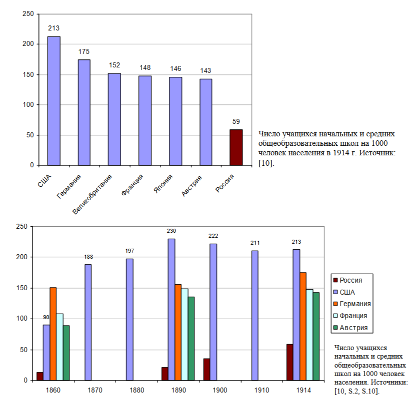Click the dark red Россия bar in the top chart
pos(236,147)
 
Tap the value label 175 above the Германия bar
pos(84,51)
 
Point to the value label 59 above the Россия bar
pos(236,121)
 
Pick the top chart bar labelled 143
pos(205,122)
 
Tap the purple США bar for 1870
pos(88,322)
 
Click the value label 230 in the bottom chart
pos(171,231)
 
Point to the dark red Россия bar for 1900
pos(206,369)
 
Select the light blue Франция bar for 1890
pos(184,334)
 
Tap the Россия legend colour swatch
pos(335,280)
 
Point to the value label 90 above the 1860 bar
pos(46,317)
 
